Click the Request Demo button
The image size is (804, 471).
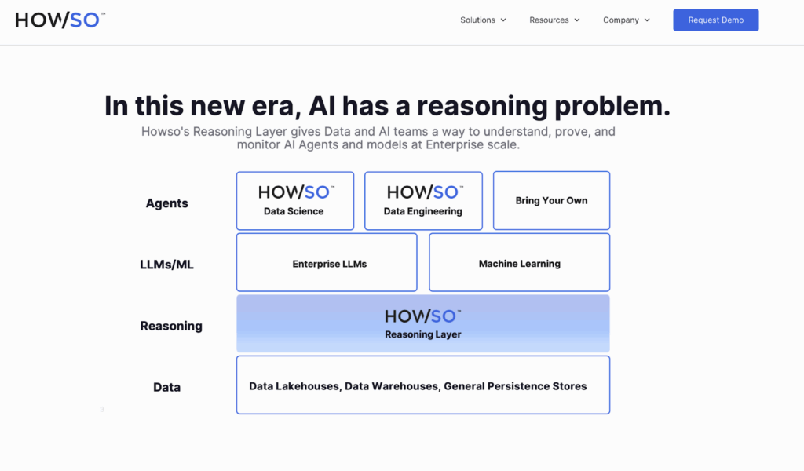(716, 20)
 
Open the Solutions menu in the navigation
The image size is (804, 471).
(483, 20)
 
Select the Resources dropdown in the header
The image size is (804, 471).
(554, 20)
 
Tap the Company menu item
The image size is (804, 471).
(626, 20)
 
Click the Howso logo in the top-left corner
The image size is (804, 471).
(60, 20)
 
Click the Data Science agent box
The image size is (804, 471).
(295, 201)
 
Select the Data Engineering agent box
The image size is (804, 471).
(423, 201)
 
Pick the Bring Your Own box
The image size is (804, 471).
(552, 200)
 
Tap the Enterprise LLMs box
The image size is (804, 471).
(327, 262)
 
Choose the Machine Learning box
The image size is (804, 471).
(520, 262)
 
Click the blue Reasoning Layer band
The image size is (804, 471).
(423, 323)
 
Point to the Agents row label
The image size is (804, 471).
(166, 203)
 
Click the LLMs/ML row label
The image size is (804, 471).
(166, 265)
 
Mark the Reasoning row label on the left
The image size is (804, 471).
(171, 326)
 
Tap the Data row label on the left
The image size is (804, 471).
(166, 387)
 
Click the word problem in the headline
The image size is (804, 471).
(612, 107)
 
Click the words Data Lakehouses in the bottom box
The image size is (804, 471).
(295, 386)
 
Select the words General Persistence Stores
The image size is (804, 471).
(515, 386)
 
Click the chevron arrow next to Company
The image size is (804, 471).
(647, 20)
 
